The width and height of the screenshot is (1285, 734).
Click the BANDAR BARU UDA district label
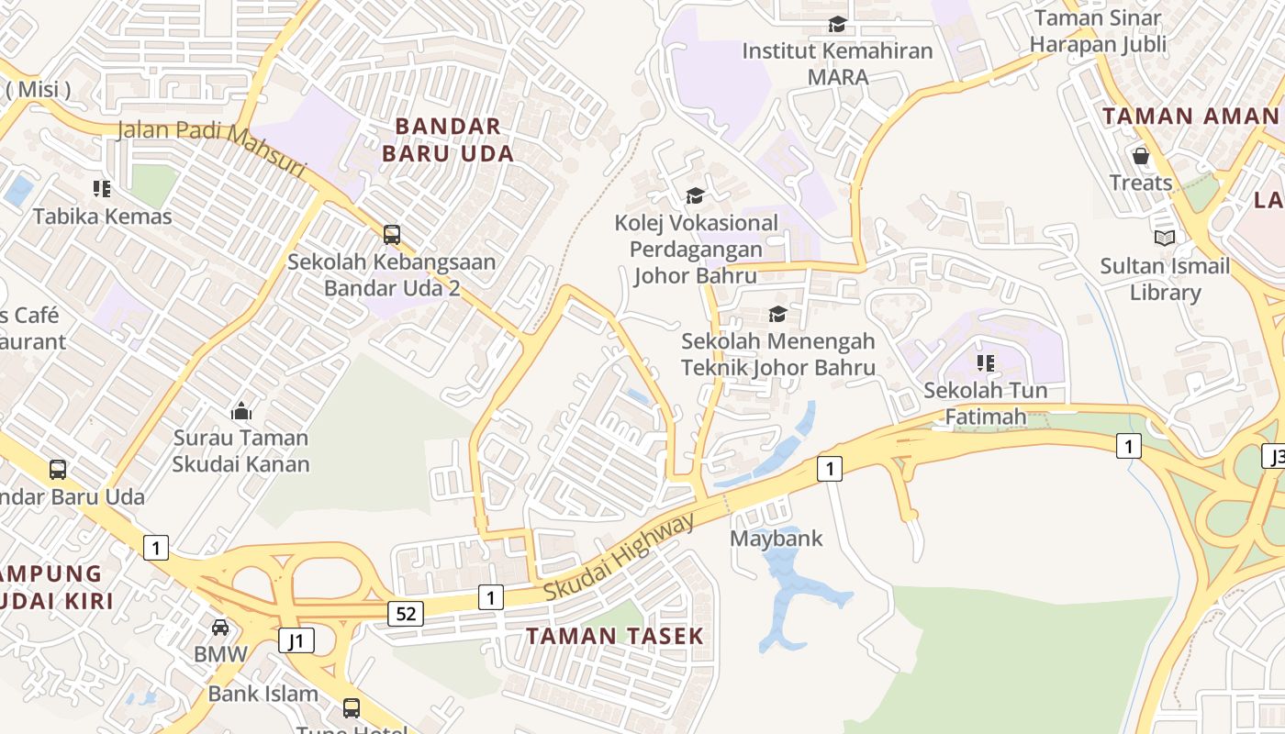[448, 139]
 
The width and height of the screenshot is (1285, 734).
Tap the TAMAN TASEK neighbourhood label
[614, 635]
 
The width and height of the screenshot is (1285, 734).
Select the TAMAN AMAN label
[1190, 117]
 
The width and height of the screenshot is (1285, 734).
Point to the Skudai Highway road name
[620, 559]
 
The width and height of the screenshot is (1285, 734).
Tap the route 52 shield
[405, 613]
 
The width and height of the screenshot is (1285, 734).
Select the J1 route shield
[296, 639]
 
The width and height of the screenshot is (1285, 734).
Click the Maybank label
[777, 539]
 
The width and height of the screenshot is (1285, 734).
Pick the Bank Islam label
[263, 694]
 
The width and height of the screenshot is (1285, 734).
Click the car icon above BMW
[220, 628]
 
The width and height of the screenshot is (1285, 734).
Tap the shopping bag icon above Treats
[1141, 156]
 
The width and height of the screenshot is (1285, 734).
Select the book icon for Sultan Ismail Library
[1165, 239]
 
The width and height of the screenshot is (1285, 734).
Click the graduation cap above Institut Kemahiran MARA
[837, 24]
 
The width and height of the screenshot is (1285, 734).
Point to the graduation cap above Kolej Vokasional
[696, 195]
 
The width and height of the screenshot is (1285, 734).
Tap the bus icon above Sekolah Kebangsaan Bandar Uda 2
[392, 235]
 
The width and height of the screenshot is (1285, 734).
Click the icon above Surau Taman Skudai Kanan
[241, 410]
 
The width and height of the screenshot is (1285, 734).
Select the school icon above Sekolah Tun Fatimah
[986, 362]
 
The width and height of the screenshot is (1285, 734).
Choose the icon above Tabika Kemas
[102, 189]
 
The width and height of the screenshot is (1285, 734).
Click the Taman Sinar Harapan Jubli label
[1098, 30]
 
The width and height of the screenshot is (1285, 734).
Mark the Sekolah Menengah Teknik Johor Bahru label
[777, 354]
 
